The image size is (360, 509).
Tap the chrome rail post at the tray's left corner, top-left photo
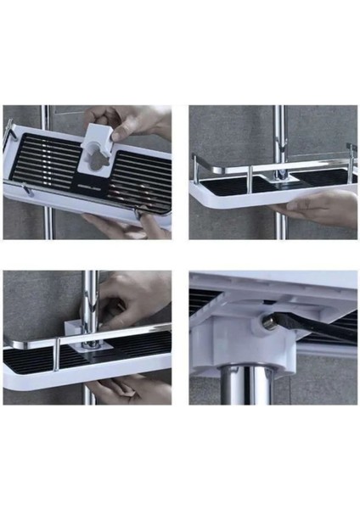coord(9,133)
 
